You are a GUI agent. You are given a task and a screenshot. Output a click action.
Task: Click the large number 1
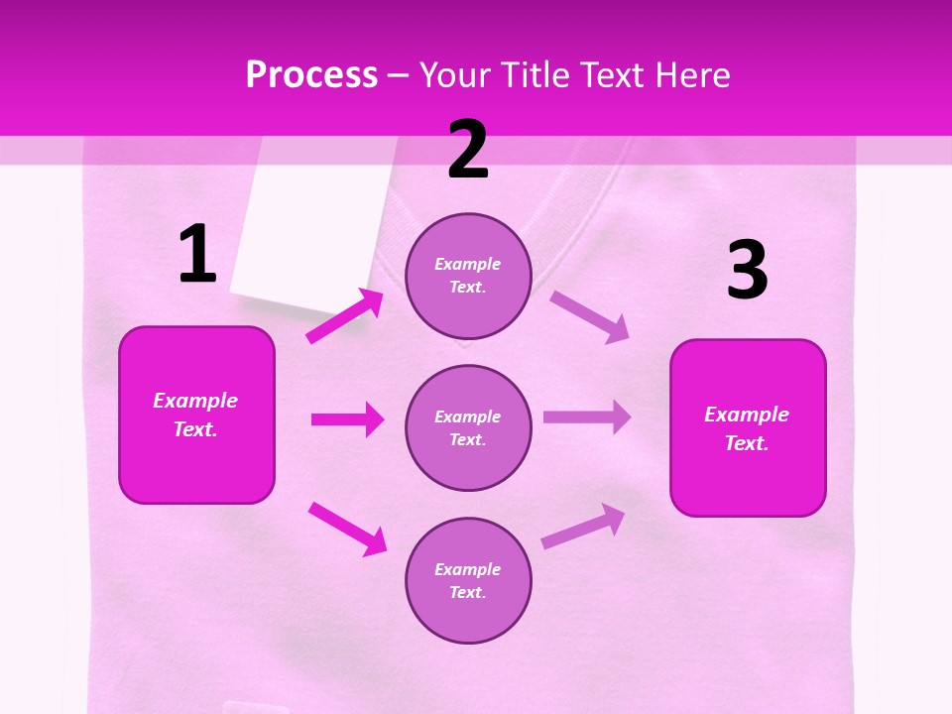(x=197, y=254)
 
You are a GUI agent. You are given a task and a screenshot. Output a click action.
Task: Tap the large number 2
(x=468, y=150)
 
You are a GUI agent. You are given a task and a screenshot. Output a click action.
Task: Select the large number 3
(x=747, y=271)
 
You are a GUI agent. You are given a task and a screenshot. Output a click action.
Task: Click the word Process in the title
(x=311, y=74)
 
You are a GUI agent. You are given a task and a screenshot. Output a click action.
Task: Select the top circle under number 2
(x=468, y=276)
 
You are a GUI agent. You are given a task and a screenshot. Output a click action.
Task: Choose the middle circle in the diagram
(x=468, y=427)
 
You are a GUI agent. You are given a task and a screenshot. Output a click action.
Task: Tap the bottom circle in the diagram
(x=468, y=580)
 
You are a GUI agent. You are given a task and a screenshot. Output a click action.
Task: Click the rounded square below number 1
(x=196, y=415)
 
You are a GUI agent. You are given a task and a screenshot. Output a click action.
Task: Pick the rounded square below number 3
(x=748, y=427)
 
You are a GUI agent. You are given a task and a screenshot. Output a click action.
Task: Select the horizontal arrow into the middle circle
(x=347, y=419)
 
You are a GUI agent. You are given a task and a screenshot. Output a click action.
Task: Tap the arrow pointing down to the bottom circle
(x=347, y=529)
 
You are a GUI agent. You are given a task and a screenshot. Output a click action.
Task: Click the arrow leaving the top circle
(x=590, y=316)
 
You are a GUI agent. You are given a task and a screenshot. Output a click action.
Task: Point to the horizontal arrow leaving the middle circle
(x=587, y=417)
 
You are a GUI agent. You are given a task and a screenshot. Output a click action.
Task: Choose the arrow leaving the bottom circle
(x=583, y=527)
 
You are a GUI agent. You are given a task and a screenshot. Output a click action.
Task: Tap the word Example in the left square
(x=195, y=401)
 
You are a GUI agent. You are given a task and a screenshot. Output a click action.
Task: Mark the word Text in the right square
(x=746, y=443)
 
